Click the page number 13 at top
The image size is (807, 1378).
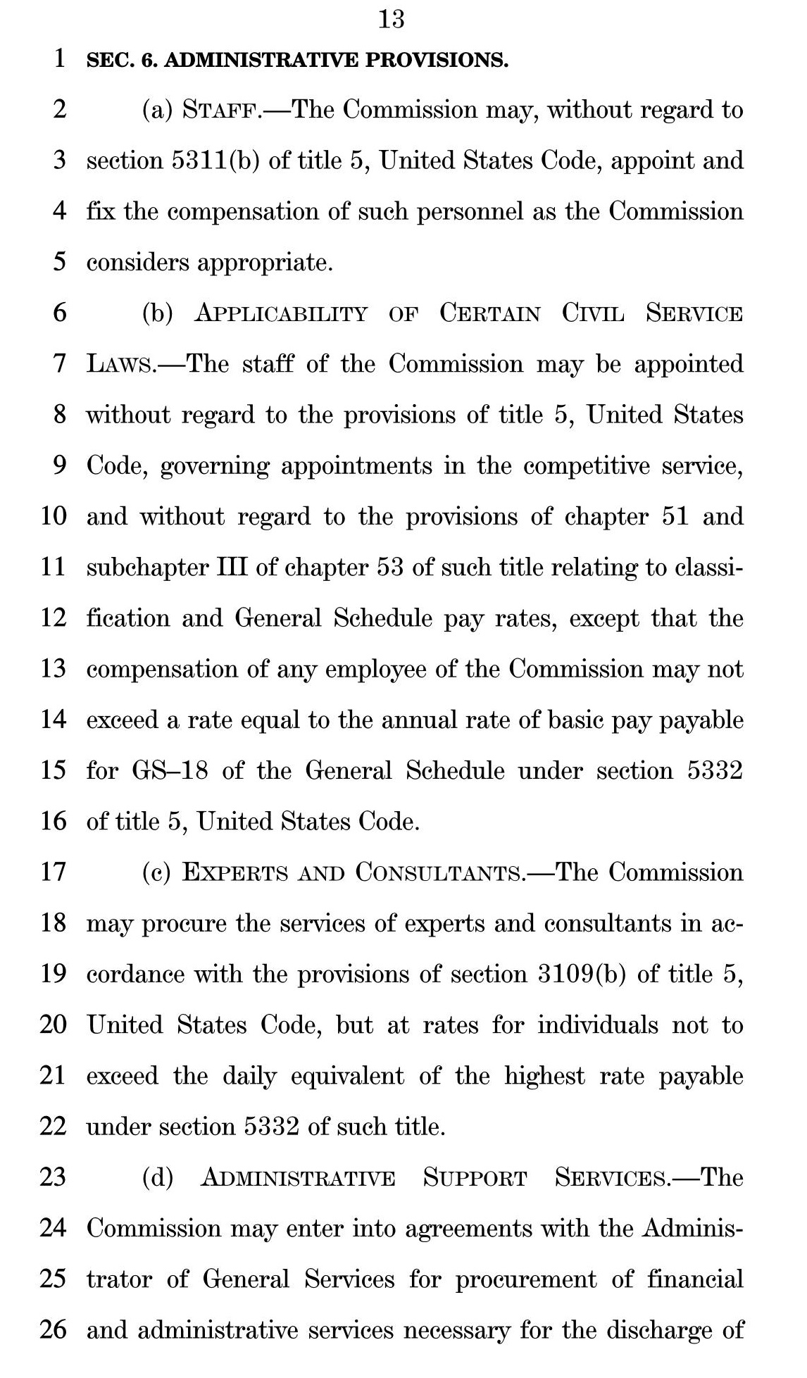click(x=392, y=19)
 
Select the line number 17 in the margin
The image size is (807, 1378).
click(x=53, y=872)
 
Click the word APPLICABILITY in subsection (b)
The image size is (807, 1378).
click(x=281, y=313)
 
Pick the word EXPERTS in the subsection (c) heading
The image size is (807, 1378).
click(x=235, y=872)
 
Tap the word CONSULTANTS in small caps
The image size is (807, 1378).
click(x=440, y=872)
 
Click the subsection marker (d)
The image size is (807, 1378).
click(x=158, y=1177)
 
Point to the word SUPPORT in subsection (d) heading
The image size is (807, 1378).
click(x=475, y=1177)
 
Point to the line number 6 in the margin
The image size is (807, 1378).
click(x=59, y=313)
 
